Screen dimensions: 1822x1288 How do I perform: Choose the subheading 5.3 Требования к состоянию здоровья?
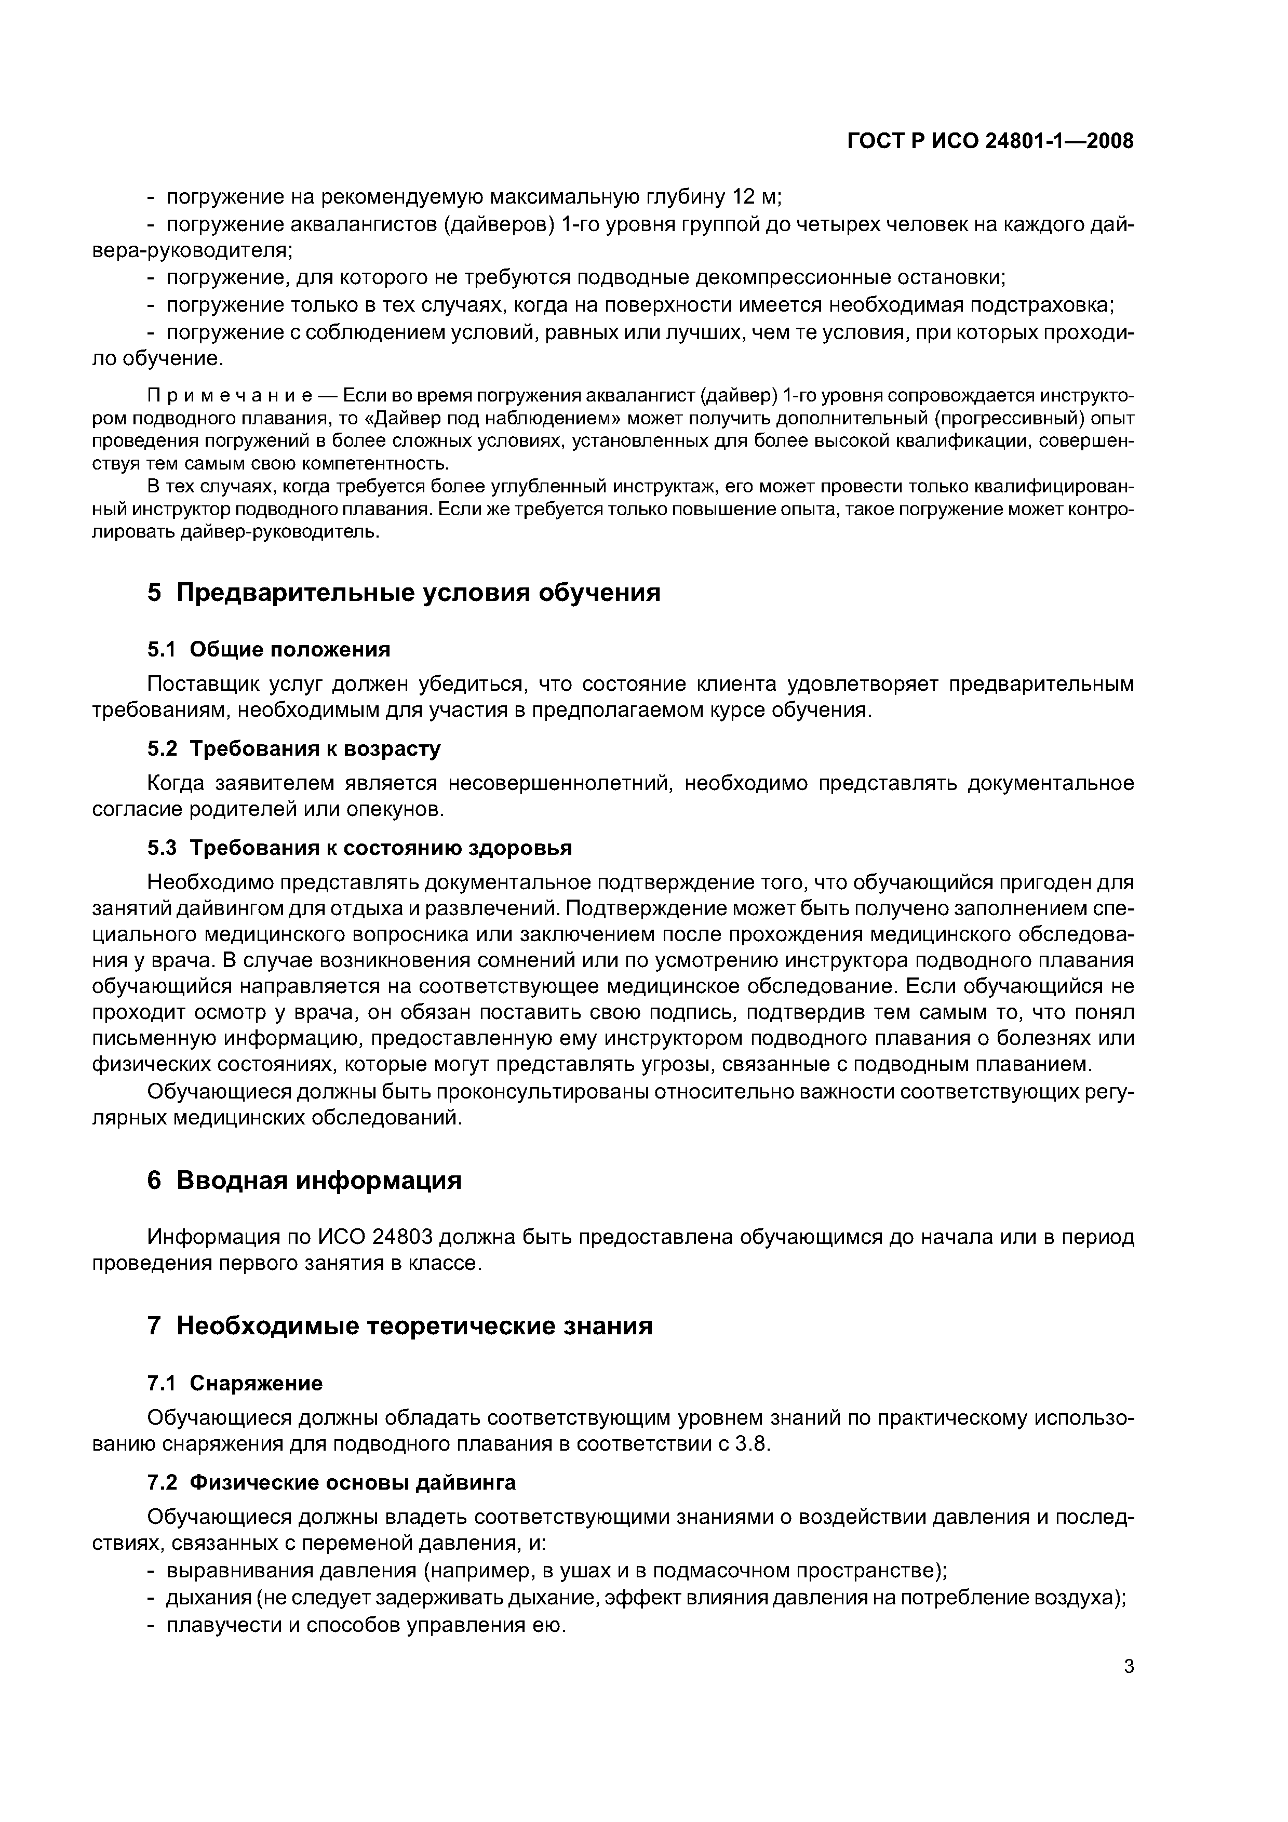coord(359,848)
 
